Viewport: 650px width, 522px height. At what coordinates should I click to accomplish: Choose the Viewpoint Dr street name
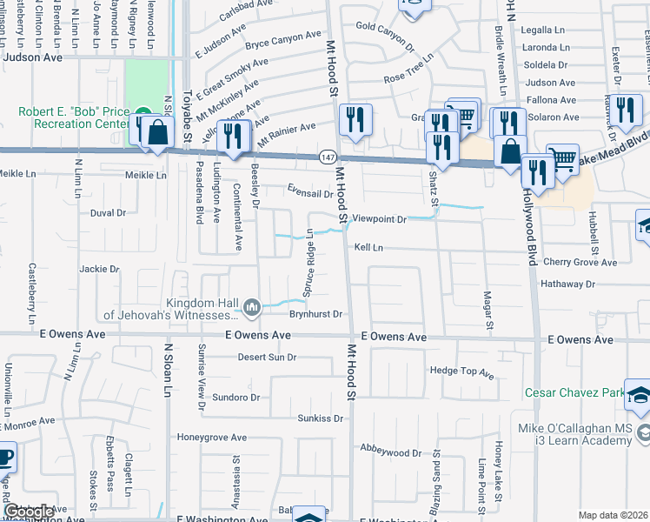click(x=379, y=219)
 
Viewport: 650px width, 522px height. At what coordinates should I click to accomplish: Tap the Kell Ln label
click(x=368, y=247)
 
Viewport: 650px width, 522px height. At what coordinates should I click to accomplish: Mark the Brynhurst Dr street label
click(x=318, y=313)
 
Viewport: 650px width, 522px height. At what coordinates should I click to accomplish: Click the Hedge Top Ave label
click(x=461, y=372)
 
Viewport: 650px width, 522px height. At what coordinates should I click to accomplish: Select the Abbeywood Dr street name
click(x=391, y=452)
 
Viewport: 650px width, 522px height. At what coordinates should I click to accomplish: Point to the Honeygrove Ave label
click(x=213, y=437)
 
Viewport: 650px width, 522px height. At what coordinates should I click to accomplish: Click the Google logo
click(x=30, y=512)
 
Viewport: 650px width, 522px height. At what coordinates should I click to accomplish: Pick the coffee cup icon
click(x=4, y=456)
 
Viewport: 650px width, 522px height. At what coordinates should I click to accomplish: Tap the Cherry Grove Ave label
click(x=580, y=262)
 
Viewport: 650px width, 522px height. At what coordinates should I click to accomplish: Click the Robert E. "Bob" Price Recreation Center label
click(x=73, y=119)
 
